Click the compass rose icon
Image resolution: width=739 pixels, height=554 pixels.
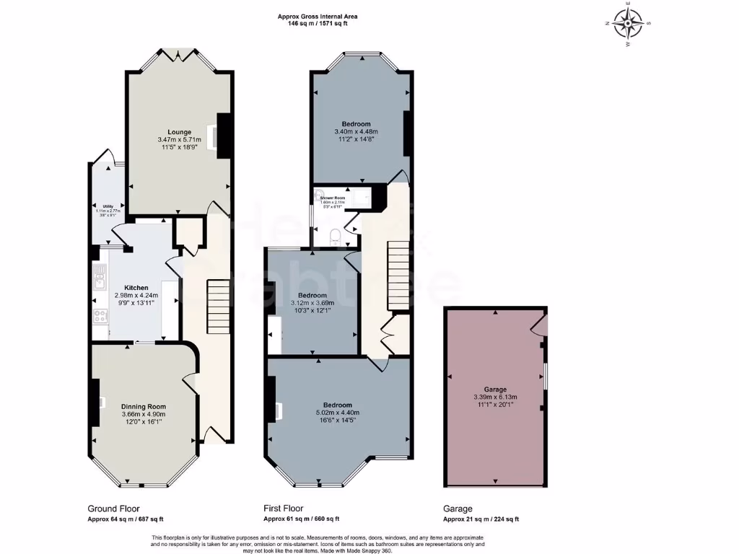[629, 23]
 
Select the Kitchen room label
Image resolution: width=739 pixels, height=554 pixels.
[136, 288]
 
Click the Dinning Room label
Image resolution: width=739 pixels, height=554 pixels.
[143, 407]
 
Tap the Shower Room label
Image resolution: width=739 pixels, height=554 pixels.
[333, 198]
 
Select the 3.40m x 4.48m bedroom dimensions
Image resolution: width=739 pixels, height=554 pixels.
[357, 132]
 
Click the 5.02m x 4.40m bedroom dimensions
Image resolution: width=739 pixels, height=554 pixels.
[338, 413]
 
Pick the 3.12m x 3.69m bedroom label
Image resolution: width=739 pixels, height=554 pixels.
[312, 296]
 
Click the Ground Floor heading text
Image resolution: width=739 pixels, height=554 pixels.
[114, 509]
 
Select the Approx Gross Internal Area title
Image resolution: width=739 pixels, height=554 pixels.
[318, 16]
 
